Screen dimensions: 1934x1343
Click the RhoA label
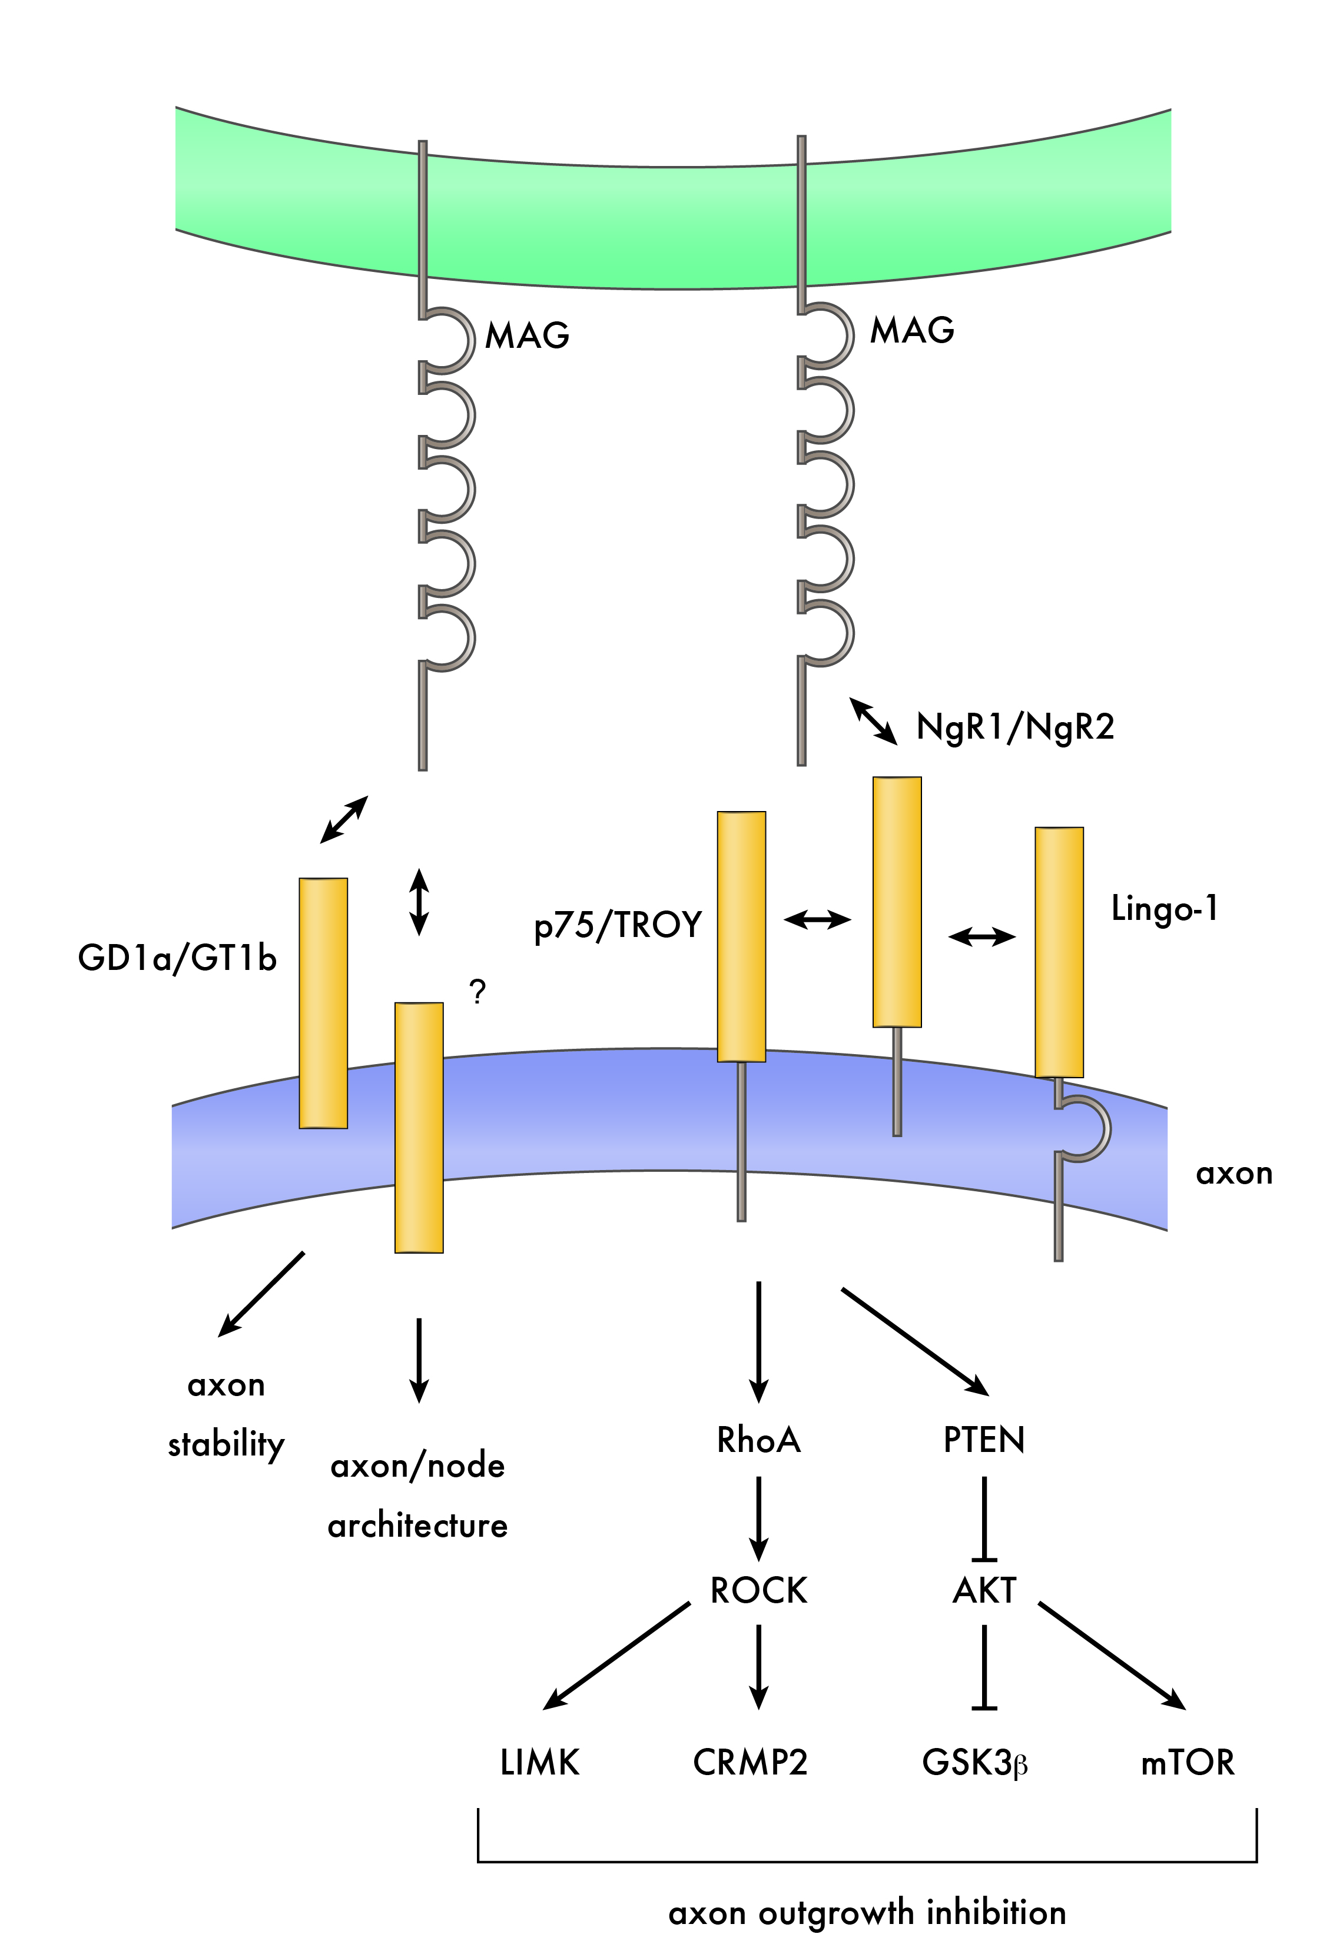(x=758, y=1440)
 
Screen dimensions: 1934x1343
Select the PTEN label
(x=984, y=1440)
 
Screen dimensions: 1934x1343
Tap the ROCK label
(x=758, y=1591)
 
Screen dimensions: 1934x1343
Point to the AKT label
(x=984, y=1591)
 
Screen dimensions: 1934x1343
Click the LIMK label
(x=539, y=1762)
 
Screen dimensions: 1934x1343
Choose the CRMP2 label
(x=750, y=1762)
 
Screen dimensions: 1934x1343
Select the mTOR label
(x=1188, y=1762)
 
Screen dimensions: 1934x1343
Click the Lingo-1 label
(x=1165, y=909)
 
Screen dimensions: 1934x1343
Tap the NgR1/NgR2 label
(x=1015, y=727)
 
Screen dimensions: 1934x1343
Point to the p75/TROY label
(x=618, y=925)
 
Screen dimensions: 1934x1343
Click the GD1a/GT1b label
(x=177, y=958)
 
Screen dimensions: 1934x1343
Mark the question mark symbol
(x=478, y=993)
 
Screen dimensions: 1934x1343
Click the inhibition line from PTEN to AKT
(x=984, y=1517)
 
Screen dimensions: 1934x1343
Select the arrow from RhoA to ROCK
(x=758, y=1517)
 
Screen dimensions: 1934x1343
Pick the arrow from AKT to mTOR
(x=1111, y=1656)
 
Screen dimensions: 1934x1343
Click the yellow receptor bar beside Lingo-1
(x=1059, y=952)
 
